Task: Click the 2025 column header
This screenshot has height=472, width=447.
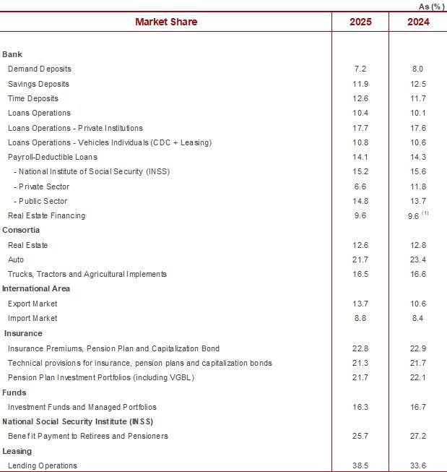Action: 360,22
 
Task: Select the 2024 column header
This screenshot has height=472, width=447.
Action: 418,22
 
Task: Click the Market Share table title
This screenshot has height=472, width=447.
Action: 166,22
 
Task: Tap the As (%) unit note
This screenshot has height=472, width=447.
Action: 431,7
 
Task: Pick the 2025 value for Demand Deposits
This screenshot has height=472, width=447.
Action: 360,69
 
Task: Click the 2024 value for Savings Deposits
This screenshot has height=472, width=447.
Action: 418,84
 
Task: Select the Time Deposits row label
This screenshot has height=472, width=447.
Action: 33,98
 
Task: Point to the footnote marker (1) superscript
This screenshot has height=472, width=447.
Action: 425,213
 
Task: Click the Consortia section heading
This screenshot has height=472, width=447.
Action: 21,230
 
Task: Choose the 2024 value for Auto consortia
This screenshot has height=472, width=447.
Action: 418,259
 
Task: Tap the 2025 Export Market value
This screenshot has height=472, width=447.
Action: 360,304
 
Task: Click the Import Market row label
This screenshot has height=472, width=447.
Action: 32,318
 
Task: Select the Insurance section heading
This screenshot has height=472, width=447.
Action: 23,333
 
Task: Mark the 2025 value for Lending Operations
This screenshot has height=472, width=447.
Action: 360,465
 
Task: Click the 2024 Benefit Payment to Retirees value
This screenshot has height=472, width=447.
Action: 418,436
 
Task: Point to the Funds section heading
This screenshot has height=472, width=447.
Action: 14,392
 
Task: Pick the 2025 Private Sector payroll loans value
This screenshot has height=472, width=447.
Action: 360,186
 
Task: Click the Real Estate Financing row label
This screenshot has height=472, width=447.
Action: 47,215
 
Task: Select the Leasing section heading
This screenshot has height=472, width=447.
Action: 17,451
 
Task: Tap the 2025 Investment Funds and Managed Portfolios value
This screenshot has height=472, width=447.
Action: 360,407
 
